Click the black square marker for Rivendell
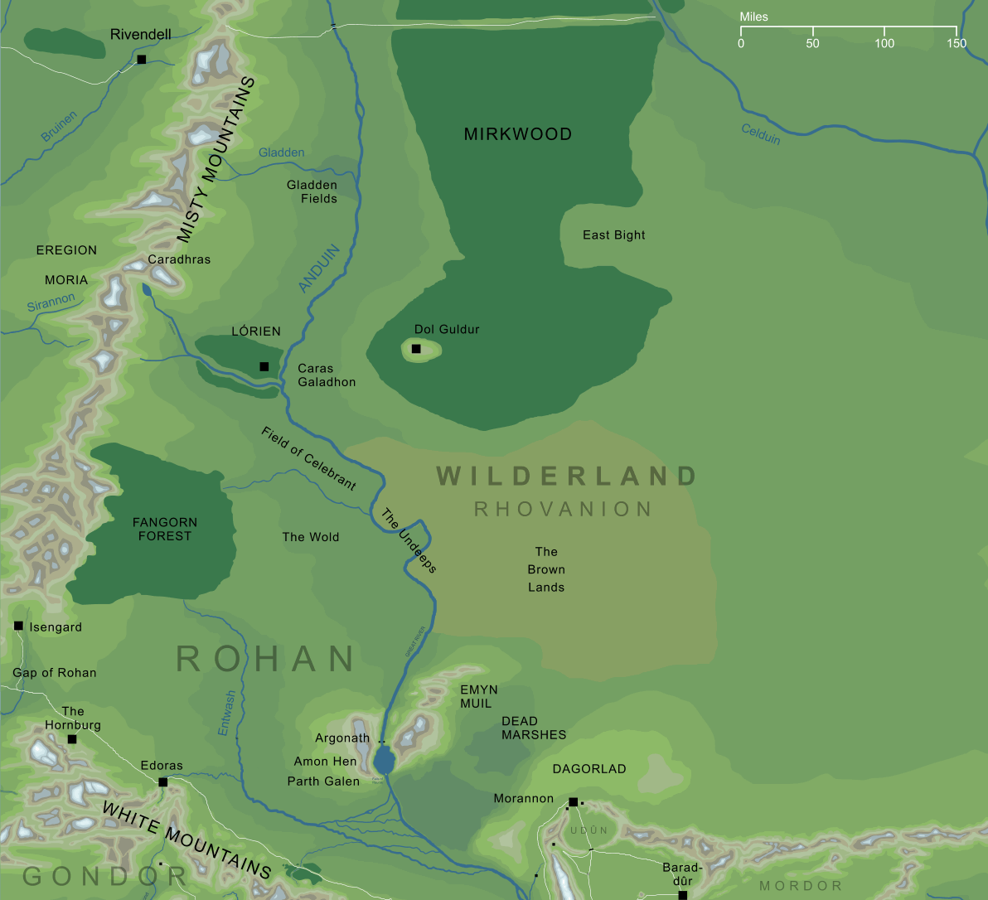point(142,60)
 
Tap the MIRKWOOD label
point(518,134)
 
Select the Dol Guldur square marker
point(416,349)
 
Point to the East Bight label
point(613,235)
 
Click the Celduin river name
point(760,133)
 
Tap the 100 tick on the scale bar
point(884,34)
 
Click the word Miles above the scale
point(754,17)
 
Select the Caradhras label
point(179,259)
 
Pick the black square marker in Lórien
point(264,366)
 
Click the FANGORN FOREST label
point(165,529)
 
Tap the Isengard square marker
point(18,626)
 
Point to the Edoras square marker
point(162,782)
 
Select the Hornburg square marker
point(72,739)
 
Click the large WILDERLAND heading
point(566,477)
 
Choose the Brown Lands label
point(546,569)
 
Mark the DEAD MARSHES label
point(534,728)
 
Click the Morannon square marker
point(573,802)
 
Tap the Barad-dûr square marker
point(682,895)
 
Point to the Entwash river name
point(226,713)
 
